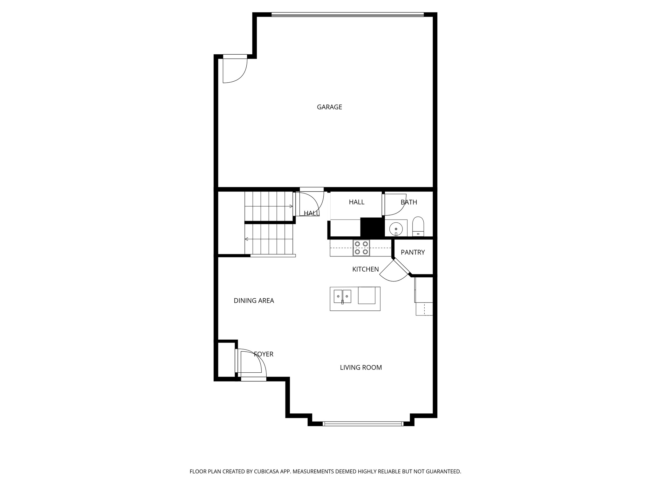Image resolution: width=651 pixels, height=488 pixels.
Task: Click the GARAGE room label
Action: click(329, 107)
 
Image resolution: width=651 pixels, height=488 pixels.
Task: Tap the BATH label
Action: click(408, 202)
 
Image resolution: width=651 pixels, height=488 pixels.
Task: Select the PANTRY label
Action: click(413, 252)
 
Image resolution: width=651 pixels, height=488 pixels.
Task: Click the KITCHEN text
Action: click(365, 269)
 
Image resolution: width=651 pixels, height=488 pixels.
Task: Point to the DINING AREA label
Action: click(254, 301)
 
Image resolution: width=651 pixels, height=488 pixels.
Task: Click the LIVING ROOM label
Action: click(361, 368)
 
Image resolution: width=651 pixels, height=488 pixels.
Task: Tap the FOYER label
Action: click(264, 354)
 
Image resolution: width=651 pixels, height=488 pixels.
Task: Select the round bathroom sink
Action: click(396, 228)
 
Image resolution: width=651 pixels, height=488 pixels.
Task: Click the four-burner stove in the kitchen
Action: click(361, 248)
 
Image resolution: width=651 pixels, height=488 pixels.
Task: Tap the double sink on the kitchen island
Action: click(342, 296)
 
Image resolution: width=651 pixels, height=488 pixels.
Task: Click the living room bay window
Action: click(363, 424)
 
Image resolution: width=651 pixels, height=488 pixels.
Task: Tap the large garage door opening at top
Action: click(347, 14)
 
